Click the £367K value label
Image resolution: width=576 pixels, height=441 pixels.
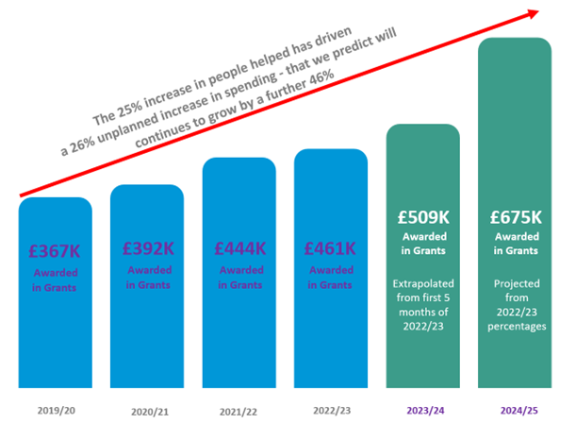[x=55, y=252]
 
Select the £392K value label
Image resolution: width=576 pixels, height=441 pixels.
[x=147, y=249]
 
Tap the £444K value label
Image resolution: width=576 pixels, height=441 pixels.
[x=239, y=249]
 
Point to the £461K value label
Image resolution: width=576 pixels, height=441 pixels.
[x=330, y=249]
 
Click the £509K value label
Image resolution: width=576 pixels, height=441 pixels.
[x=422, y=216]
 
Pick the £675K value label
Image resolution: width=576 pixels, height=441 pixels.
[x=515, y=216]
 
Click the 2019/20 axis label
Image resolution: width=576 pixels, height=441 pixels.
[x=55, y=412]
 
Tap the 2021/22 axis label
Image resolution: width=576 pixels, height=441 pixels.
[x=239, y=412]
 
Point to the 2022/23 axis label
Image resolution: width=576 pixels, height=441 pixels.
[x=330, y=412]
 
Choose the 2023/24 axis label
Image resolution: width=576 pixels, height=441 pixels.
[x=422, y=412]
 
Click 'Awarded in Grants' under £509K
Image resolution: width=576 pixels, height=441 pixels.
[x=422, y=245]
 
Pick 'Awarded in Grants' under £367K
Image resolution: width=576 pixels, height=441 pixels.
[x=55, y=280]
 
